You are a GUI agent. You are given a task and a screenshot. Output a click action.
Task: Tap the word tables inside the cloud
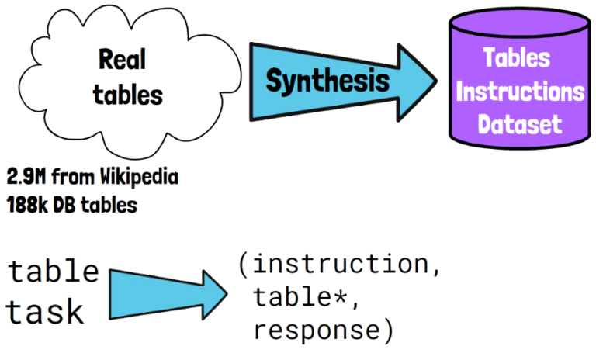[127, 95]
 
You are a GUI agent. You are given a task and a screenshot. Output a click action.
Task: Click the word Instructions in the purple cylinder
[520, 92]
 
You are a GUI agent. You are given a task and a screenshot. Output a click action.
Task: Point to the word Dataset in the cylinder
[518, 124]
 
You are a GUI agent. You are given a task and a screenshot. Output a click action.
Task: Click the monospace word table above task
[54, 272]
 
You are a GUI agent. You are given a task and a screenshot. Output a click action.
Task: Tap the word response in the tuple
[314, 331]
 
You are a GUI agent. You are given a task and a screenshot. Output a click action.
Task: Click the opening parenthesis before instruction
[244, 265]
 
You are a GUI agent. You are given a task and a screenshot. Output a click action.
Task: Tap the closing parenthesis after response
[386, 331]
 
